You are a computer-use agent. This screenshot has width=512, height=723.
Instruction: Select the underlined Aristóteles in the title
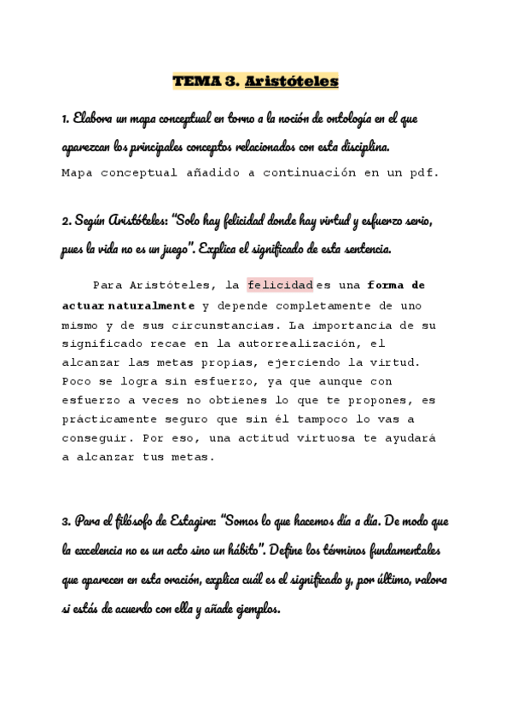pos(291,82)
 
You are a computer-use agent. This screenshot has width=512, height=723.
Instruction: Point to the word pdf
pos(422,172)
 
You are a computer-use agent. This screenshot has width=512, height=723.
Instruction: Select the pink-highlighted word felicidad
pos(281,285)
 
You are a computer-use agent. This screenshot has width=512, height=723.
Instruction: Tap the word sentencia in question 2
pos(361,250)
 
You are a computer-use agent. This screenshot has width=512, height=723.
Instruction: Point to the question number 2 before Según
pos(65,222)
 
